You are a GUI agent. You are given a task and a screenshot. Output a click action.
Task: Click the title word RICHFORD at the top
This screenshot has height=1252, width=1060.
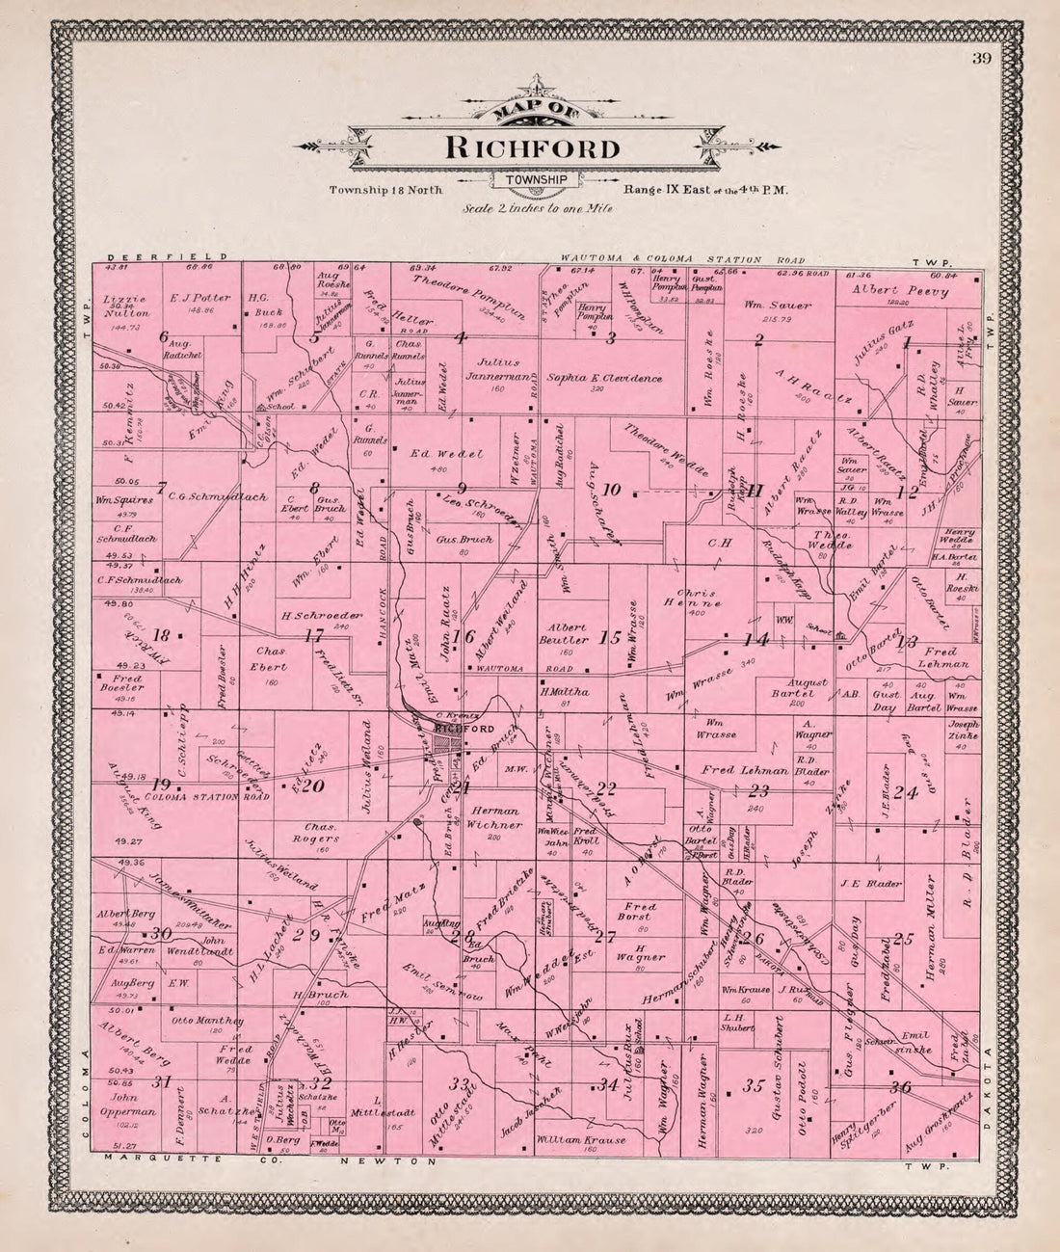[x=532, y=148]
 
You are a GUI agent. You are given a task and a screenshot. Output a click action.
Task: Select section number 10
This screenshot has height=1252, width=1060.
[x=611, y=490]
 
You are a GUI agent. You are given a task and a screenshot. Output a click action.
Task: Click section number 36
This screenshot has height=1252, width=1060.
[x=902, y=1087]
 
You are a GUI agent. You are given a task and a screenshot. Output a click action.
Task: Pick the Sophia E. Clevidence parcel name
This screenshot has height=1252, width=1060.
[x=605, y=379]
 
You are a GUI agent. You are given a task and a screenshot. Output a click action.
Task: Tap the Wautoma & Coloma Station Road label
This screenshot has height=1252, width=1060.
[x=661, y=259]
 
